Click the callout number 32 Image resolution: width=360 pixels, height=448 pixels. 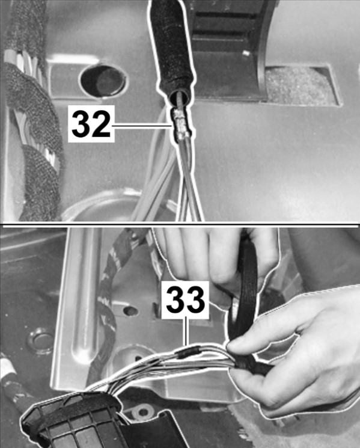tap(91, 124)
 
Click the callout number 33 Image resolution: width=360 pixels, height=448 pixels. tap(186, 299)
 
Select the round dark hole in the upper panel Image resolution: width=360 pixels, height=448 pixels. tap(103, 81)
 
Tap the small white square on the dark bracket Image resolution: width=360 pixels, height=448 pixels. tap(246, 53)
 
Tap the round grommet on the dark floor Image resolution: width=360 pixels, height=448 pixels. tap(40, 342)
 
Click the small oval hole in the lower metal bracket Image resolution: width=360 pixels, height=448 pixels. tap(131, 311)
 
